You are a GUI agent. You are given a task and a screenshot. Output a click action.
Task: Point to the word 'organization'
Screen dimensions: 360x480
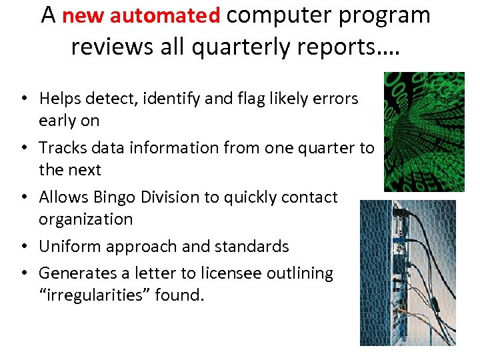point(86,219)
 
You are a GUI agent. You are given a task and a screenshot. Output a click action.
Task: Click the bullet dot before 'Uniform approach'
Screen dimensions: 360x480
point(23,247)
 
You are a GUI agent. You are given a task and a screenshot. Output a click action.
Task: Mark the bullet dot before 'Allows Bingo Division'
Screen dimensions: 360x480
point(23,198)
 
